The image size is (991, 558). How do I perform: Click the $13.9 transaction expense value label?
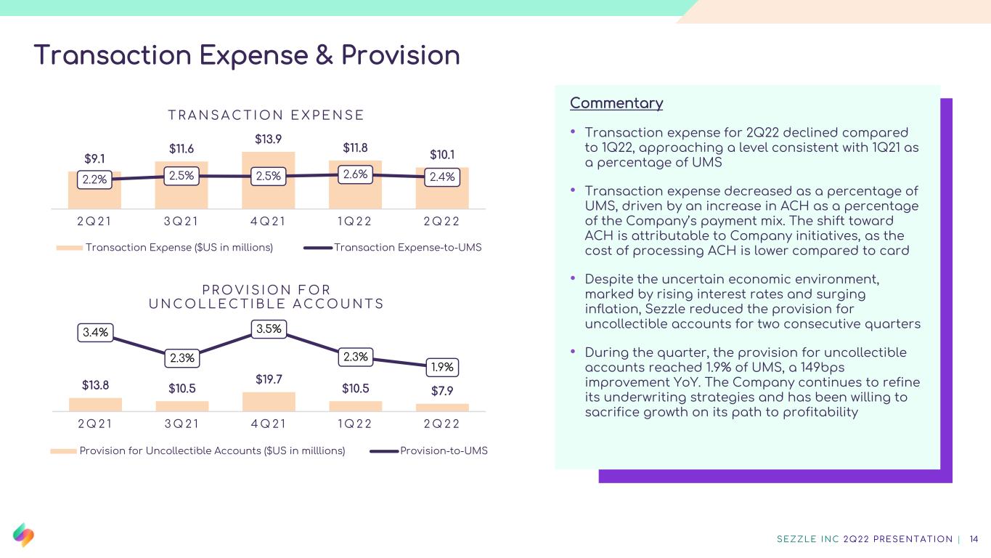(268, 139)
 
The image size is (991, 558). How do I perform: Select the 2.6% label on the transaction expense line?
(355, 174)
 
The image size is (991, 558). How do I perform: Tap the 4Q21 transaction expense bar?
(268, 180)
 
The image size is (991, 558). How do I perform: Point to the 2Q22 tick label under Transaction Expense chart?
(441, 221)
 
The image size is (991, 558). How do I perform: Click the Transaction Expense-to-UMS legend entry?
(393, 247)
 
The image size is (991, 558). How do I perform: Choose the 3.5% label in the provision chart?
(269, 329)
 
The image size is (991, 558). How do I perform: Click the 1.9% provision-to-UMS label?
(442, 367)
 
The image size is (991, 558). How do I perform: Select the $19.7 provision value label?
(269, 379)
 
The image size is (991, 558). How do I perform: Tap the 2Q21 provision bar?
(95, 404)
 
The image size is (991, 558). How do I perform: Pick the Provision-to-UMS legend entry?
(428, 450)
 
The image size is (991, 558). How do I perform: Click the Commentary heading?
(616, 103)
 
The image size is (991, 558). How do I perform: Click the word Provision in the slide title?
(400, 55)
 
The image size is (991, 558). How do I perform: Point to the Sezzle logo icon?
(23, 535)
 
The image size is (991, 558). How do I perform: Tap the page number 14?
(974, 539)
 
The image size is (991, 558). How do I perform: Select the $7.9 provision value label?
(442, 391)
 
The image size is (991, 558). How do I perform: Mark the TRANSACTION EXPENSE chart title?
(266, 115)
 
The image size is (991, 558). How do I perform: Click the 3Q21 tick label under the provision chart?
(182, 424)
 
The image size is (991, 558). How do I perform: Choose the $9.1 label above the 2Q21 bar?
(94, 158)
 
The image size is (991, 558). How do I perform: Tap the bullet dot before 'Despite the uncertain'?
(573, 278)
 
